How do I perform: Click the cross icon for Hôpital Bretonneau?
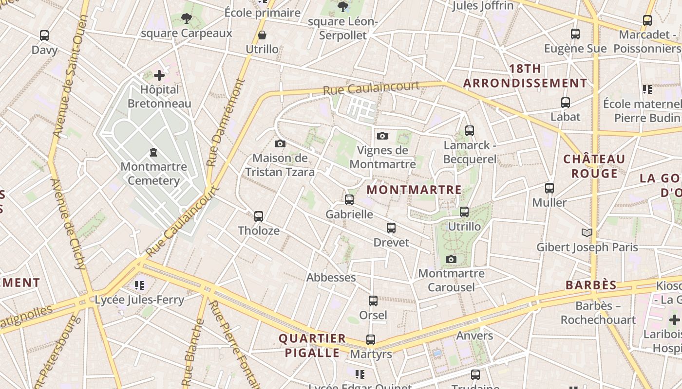pyautogui.click(x=159, y=75)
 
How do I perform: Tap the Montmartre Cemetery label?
pyautogui.click(x=153, y=174)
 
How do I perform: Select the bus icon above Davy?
pyautogui.click(x=44, y=35)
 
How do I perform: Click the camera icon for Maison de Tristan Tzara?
pyautogui.click(x=280, y=143)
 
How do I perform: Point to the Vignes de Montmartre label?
pyautogui.click(x=382, y=157)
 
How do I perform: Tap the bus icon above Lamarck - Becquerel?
pyautogui.click(x=470, y=130)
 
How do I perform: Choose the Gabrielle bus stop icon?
pyautogui.click(x=349, y=199)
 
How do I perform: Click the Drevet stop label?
pyautogui.click(x=391, y=242)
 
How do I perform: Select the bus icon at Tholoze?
pyautogui.click(x=259, y=216)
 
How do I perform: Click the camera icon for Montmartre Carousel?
pyautogui.click(x=451, y=259)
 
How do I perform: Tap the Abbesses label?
pyautogui.click(x=331, y=277)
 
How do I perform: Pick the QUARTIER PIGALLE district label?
pyautogui.click(x=312, y=345)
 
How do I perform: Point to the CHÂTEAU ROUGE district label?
pyautogui.click(x=594, y=166)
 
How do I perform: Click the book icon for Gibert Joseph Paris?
pyautogui.click(x=587, y=232)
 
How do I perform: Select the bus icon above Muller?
pyautogui.click(x=549, y=188)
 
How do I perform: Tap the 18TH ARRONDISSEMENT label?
pyautogui.click(x=525, y=76)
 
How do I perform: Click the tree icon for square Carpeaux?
pyautogui.click(x=186, y=18)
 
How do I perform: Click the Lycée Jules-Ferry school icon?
pyautogui.click(x=140, y=285)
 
